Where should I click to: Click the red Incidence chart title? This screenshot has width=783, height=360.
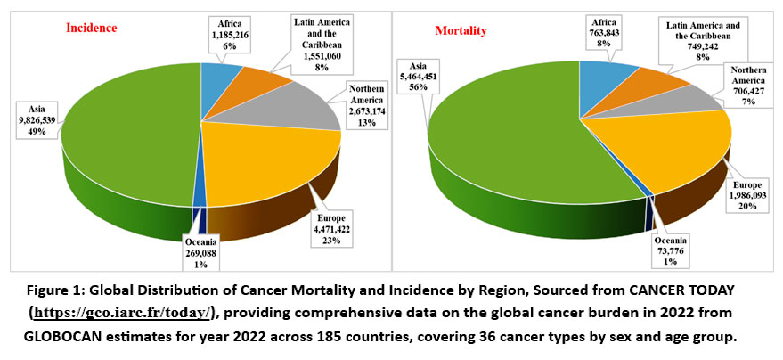point(93,28)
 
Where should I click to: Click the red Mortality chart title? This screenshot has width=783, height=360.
point(461,32)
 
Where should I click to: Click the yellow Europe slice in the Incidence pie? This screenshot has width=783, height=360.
point(267,165)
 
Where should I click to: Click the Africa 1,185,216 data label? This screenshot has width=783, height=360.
point(234,33)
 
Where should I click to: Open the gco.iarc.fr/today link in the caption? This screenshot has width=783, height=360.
point(124,312)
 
